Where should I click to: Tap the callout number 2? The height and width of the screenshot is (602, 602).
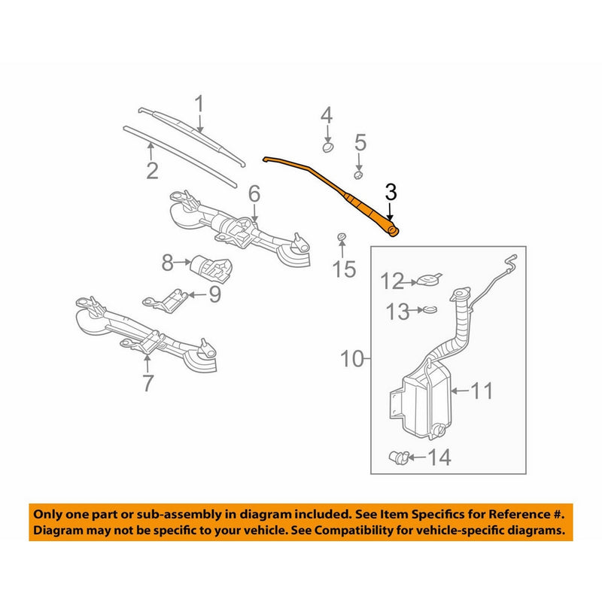pyautogui.click(x=152, y=171)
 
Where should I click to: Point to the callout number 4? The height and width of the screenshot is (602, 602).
pyautogui.click(x=326, y=115)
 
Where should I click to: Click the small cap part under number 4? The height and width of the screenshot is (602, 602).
pyautogui.click(x=328, y=146)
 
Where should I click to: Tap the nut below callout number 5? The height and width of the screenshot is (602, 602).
pyautogui.click(x=359, y=173)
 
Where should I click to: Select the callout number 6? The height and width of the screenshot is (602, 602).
pyautogui.click(x=254, y=195)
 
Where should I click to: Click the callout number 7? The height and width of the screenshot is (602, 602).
pyautogui.click(x=147, y=383)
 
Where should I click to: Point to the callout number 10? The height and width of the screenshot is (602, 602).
pyautogui.click(x=350, y=358)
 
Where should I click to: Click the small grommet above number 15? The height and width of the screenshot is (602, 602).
pyautogui.click(x=341, y=239)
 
